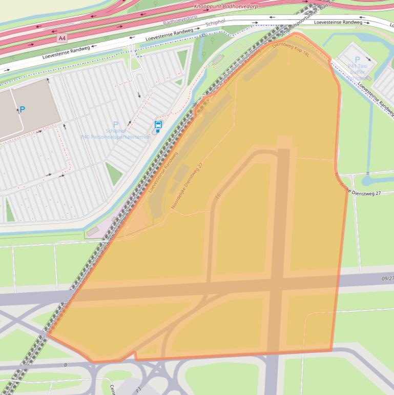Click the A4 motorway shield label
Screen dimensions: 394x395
coord(62,37)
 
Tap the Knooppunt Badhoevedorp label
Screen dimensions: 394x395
coord(225,6)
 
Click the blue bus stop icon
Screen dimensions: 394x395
coord(158,125)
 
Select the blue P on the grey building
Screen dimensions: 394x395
coord(22,109)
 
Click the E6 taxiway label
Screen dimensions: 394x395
coord(219,196)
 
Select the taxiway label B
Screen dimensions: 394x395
coord(66,365)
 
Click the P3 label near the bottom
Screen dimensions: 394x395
coord(138,390)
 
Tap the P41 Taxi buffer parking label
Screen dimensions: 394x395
coord(358,66)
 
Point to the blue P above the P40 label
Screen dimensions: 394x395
coord(115,124)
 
